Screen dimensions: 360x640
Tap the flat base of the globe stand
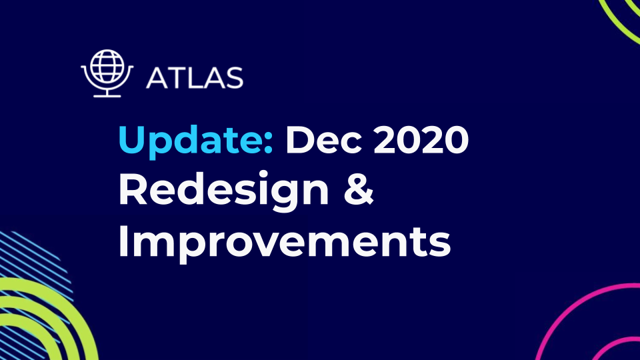[107, 95]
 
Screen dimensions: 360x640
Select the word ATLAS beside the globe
[194, 78]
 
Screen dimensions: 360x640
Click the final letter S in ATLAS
[233, 78]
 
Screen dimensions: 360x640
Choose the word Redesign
[223, 192]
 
